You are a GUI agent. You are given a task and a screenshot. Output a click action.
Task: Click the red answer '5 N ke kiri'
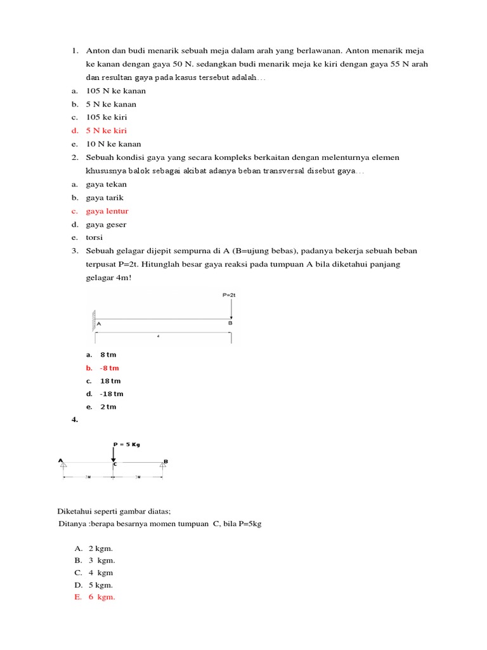(106, 131)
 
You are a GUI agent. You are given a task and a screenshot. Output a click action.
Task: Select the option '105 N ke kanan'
(115, 91)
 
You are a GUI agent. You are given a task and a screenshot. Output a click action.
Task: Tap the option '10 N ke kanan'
(114, 144)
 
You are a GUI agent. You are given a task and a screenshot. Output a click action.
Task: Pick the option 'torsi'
(94, 237)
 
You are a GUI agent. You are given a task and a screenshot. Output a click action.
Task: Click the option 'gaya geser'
(106, 224)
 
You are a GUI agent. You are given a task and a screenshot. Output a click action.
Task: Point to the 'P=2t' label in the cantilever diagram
(229, 295)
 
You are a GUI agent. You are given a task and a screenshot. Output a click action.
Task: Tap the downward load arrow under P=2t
(231, 308)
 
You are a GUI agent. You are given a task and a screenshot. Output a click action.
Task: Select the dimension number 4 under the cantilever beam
(158, 336)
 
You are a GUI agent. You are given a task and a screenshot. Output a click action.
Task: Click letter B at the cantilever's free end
(230, 323)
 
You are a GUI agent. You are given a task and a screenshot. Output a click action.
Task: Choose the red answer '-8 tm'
(109, 368)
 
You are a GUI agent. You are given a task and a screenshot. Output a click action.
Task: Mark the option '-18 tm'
(112, 394)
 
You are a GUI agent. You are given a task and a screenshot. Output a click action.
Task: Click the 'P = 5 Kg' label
(126, 444)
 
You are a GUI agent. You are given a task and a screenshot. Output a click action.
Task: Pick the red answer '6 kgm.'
(101, 597)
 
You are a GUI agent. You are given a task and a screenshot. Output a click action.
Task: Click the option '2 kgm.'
(101, 548)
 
